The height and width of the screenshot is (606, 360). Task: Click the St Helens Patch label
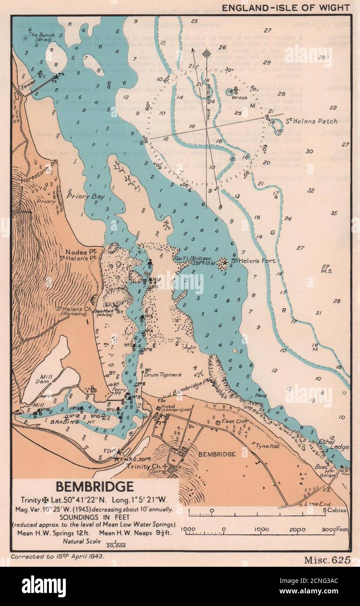312,121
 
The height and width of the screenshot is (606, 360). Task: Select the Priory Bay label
85,196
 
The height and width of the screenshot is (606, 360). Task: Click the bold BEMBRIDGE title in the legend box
94,486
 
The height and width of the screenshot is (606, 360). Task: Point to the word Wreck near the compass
240,97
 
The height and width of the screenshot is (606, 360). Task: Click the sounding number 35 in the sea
334,213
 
